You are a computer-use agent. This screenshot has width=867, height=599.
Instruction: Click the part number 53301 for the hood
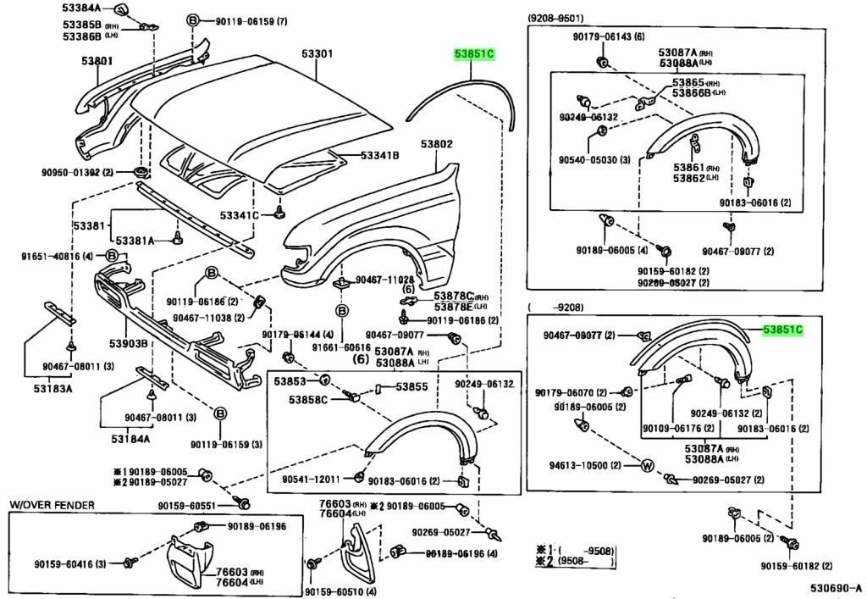click(318, 55)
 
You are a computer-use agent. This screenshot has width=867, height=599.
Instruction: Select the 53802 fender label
click(439, 145)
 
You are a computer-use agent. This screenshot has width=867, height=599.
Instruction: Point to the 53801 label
click(97, 61)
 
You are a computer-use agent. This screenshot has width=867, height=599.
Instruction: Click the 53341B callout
click(379, 156)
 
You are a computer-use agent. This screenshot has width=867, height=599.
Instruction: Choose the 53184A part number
click(130, 439)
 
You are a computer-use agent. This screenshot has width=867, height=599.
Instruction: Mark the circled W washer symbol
click(647, 466)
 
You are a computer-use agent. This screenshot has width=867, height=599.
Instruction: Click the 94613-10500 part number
click(578, 465)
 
